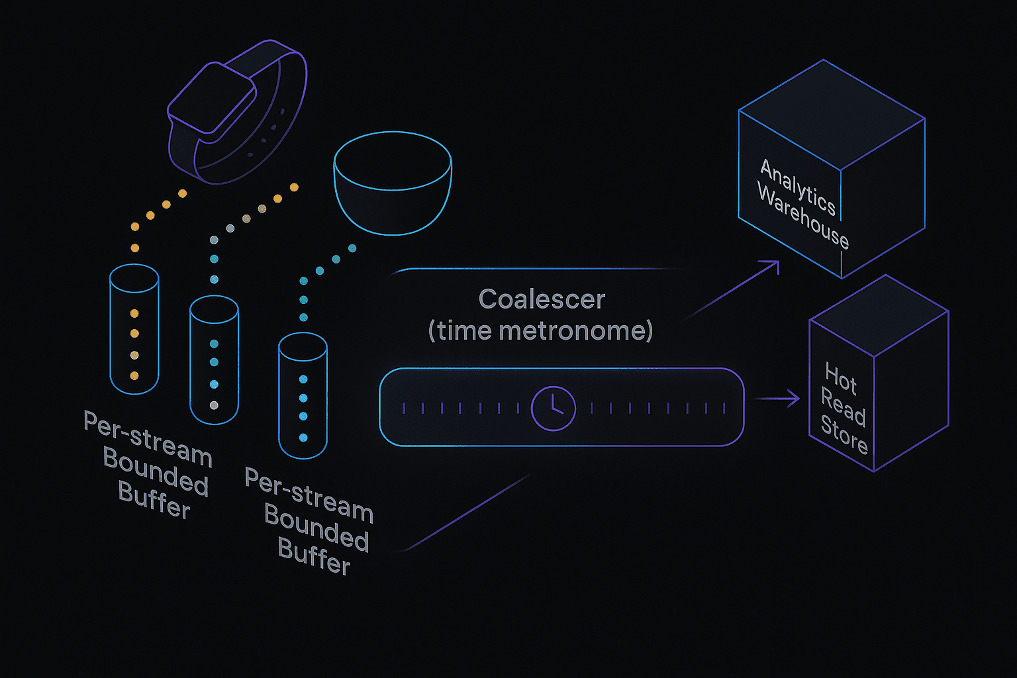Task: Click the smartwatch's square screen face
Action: (212, 97)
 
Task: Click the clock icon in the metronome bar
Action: (553, 409)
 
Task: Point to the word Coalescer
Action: (542, 299)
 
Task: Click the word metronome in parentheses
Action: (575, 330)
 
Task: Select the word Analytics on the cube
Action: (798, 187)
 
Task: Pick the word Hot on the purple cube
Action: (840, 378)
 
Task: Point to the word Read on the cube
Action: (843, 407)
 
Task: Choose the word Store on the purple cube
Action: (844, 434)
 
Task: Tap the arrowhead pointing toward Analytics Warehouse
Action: (773, 266)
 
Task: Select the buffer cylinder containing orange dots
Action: (134, 329)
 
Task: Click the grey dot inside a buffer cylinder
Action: (214, 405)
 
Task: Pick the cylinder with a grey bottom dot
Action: (214, 360)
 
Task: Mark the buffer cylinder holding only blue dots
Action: (303, 395)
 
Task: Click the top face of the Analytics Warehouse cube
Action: (832, 115)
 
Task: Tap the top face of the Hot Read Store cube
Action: (879, 315)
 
